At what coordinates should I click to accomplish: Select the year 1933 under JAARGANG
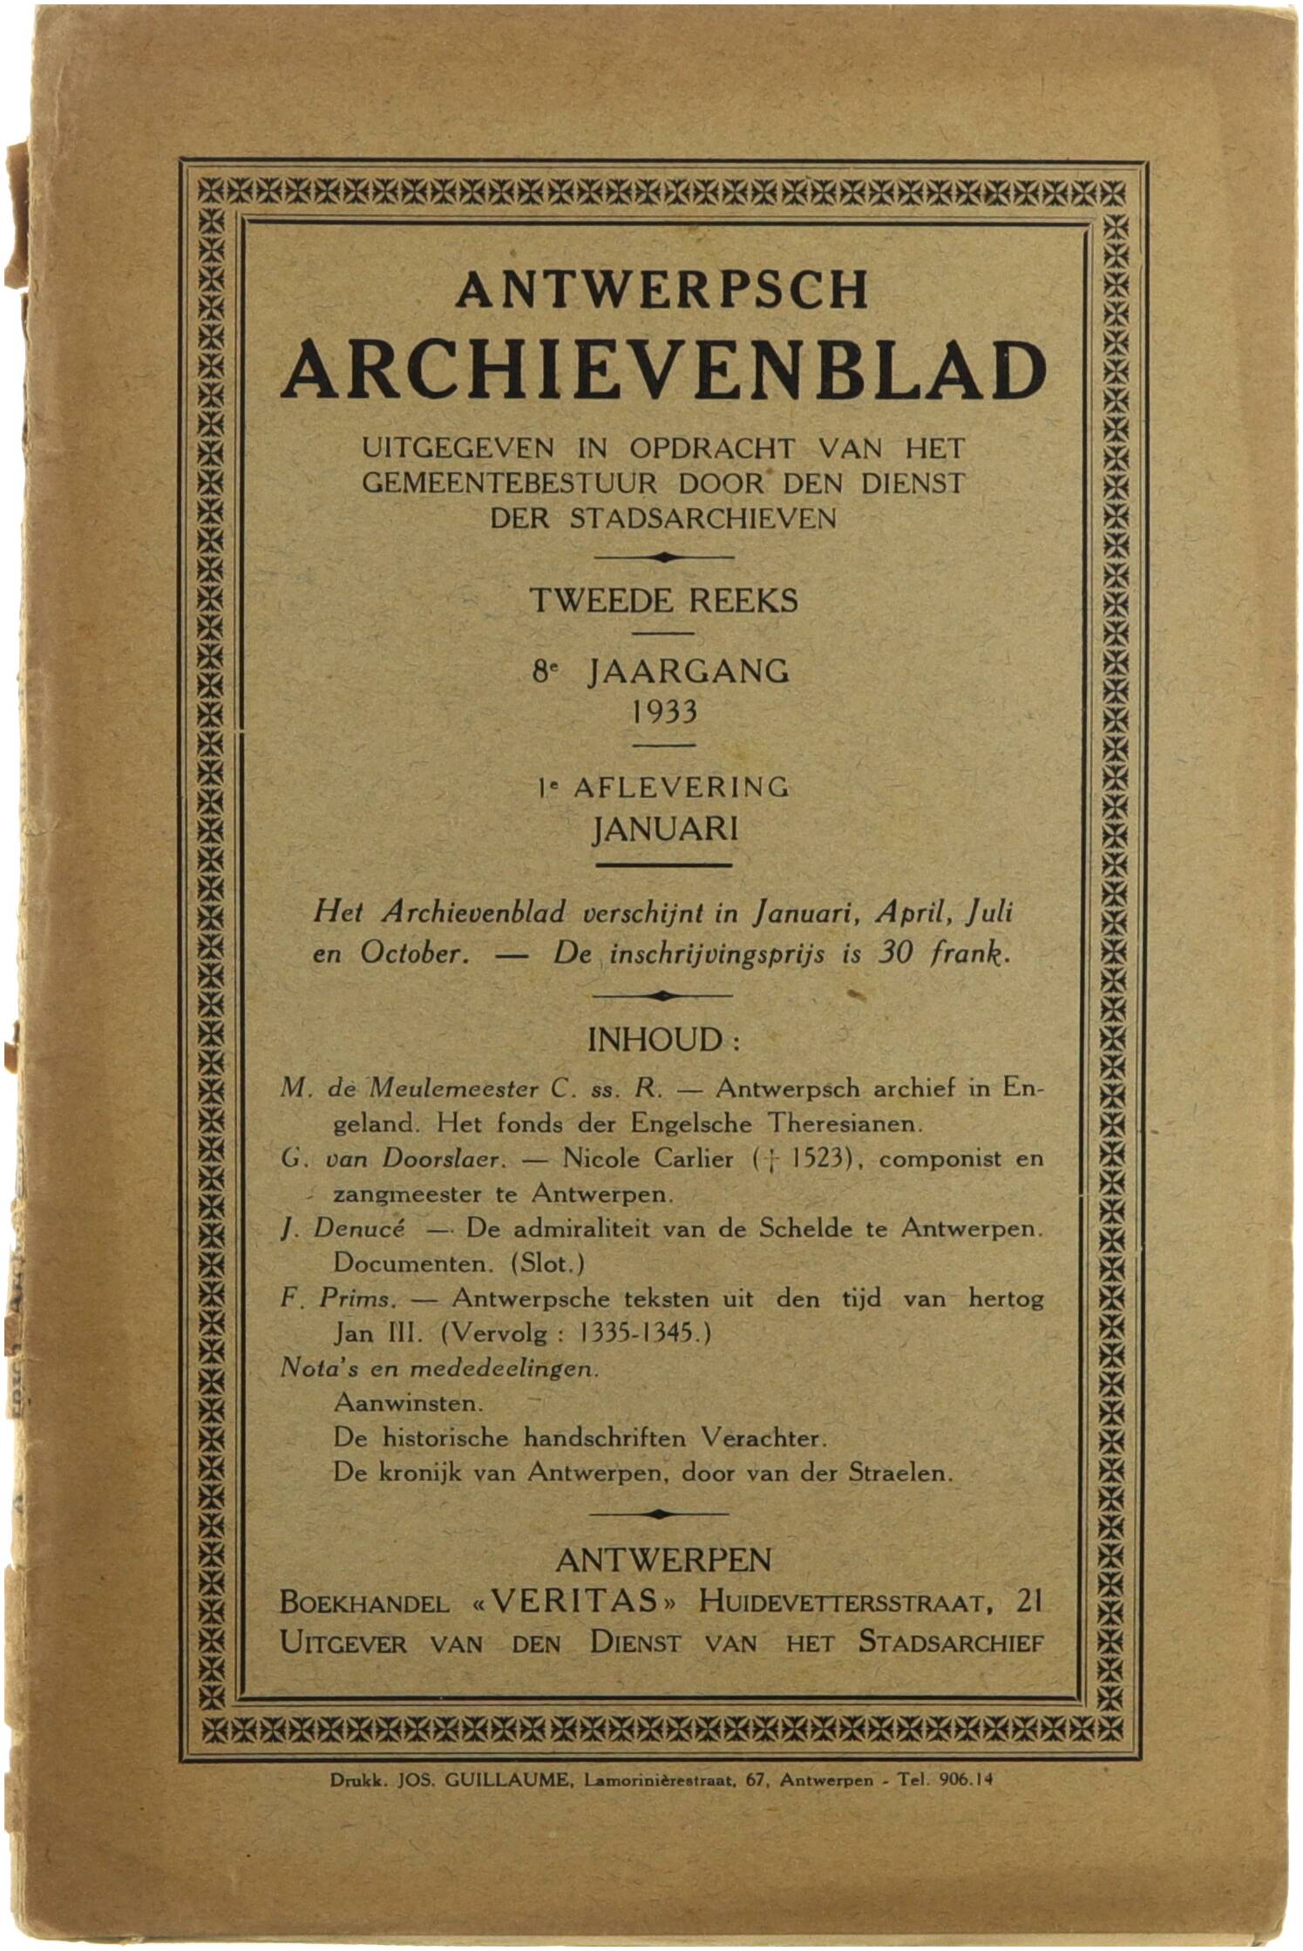pyautogui.click(x=664, y=712)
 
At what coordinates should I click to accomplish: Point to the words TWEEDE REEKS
pyautogui.click(x=664, y=601)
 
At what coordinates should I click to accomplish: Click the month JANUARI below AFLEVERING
pyautogui.click(x=664, y=829)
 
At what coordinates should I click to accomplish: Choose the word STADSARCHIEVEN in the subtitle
pyautogui.click(x=702, y=518)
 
